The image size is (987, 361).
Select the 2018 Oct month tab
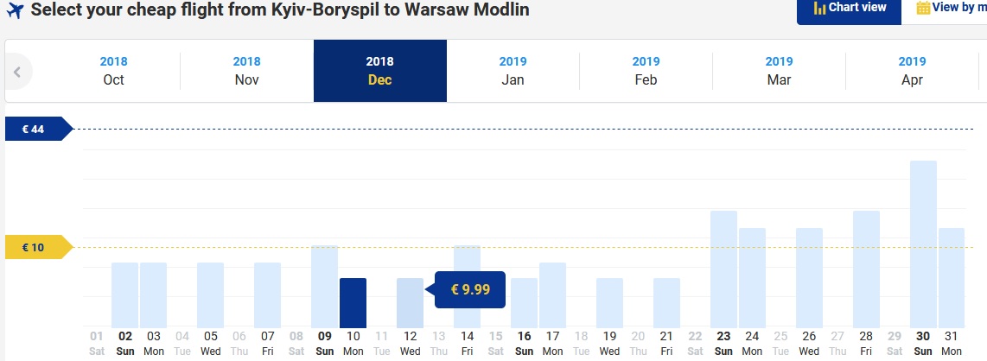113,71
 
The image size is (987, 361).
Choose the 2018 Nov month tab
247,71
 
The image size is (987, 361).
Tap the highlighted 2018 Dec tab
380,71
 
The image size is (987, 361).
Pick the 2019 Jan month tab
513,71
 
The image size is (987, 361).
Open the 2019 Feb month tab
646,71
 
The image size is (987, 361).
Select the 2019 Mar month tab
780,71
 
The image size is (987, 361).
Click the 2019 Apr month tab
912,71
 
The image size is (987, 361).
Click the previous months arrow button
17,72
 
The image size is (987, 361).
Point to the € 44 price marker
38,129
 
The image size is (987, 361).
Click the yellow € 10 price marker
38,247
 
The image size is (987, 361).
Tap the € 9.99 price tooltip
469,289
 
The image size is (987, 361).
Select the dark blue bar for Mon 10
353,303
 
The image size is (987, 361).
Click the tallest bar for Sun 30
923,244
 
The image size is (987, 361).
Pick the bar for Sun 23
724,269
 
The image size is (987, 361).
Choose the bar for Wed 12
411,303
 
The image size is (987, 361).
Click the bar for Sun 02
124,295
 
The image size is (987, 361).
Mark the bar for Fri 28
866,269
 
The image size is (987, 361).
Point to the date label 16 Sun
525,344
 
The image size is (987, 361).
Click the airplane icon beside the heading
14,10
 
